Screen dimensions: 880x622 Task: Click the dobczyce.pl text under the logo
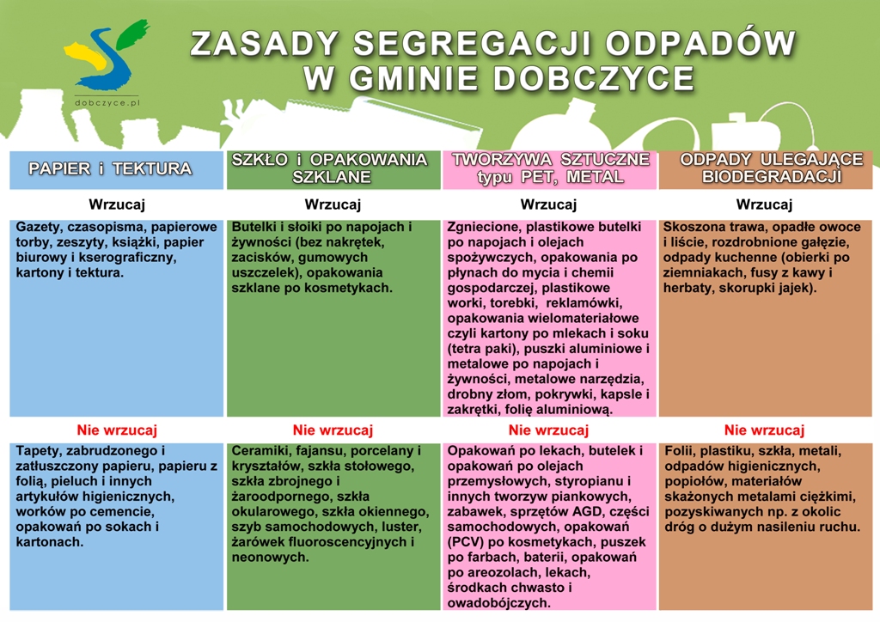coord(107,102)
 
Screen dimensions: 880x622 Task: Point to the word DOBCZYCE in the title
coord(594,78)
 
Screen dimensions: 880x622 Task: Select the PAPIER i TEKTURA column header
coord(110,168)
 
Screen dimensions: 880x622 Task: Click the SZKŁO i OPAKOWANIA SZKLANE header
coord(330,168)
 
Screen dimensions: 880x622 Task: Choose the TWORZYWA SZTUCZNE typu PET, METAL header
coord(551,168)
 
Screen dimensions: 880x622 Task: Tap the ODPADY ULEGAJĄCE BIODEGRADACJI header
coord(771,168)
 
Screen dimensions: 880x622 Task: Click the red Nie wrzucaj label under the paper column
coord(117,430)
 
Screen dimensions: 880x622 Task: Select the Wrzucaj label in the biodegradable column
coord(764,204)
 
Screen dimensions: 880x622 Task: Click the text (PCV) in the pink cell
coord(463,542)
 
